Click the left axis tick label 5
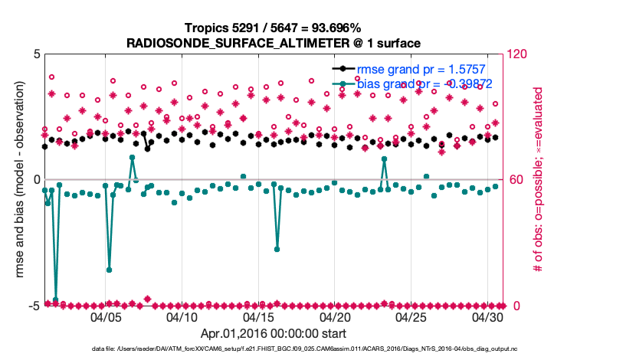[36, 54]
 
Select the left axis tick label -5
[34, 306]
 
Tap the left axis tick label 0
[36, 180]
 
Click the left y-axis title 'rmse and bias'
[15, 180]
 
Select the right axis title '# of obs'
[538, 180]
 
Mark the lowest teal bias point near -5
[55, 299]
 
